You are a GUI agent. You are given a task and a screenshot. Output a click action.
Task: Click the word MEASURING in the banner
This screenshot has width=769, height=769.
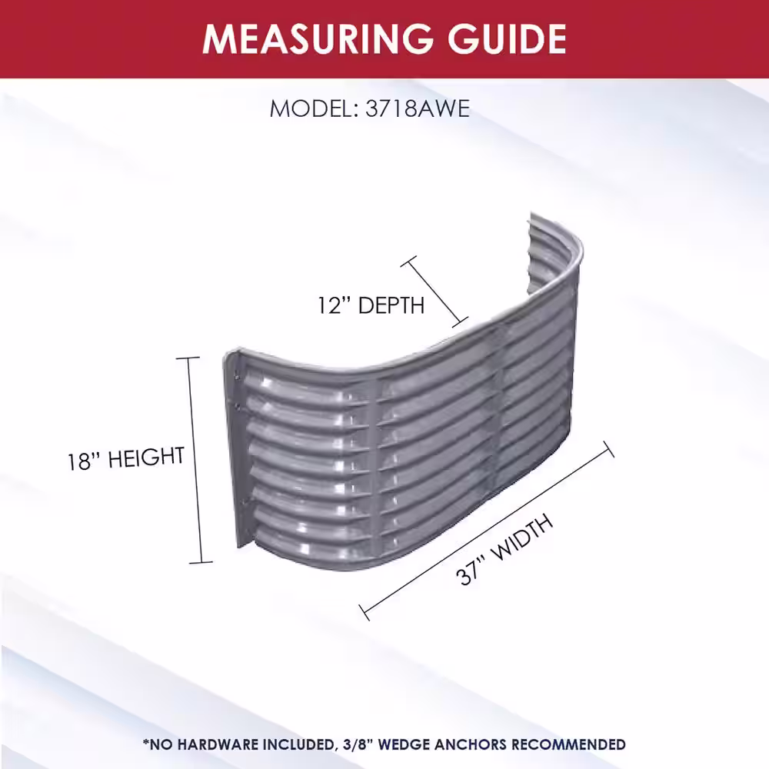click(x=318, y=38)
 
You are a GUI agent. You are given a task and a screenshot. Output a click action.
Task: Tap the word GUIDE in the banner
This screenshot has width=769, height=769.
click(x=508, y=38)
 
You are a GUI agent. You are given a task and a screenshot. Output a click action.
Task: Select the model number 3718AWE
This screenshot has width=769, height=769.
click(x=418, y=108)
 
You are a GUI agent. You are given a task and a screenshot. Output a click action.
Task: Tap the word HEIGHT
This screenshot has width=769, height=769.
click(x=145, y=458)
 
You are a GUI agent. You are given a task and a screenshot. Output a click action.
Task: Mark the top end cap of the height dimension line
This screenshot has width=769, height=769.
click(x=188, y=358)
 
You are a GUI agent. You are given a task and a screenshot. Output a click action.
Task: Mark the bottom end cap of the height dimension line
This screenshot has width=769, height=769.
click(x=201, y=562)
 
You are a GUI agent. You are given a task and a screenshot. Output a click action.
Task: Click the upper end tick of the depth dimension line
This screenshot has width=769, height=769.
click(x=408, y=261)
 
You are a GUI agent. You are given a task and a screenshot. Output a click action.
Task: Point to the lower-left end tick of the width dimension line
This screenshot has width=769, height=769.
click(x=365, y=613)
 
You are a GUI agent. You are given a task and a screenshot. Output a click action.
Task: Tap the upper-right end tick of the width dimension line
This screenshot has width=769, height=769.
click(x=608, y=449)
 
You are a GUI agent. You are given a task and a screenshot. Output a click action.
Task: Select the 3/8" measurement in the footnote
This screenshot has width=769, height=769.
click(x=357, y=744)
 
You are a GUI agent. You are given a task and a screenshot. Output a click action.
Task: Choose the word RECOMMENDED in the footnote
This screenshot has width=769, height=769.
click(x=568, y=744)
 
